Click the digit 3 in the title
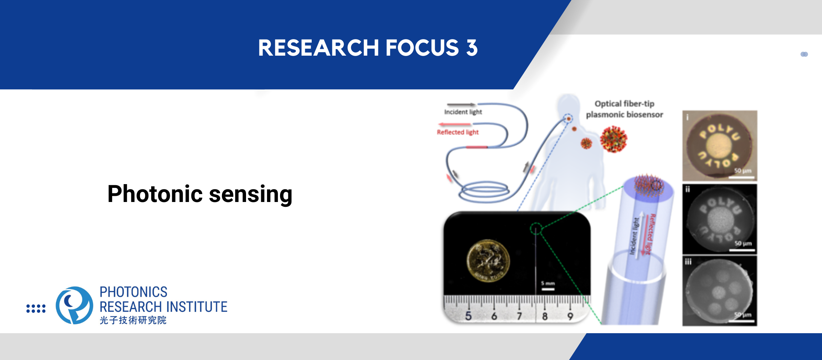(x=472, y=48)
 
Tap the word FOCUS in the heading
(x=422, y=48)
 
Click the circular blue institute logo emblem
(x=75, y=305)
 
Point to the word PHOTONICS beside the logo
(x=133, y=292)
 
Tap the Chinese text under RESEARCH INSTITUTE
(x=133, y=320)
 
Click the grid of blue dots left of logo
(x=36, y=308)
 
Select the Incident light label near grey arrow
(x=463, y=112)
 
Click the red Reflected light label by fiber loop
(x=457, y=132)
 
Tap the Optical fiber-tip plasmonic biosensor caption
(x=624, y=109)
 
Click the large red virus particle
(x=613, y=139)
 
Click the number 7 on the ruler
(x=519, y=316)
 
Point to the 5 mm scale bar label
(x=548, y=283)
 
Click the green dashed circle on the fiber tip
(x=536, y=228)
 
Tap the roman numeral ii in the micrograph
(x=688, y=189)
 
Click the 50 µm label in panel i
(x=743, y=171)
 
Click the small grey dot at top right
(x=804, y=54)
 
